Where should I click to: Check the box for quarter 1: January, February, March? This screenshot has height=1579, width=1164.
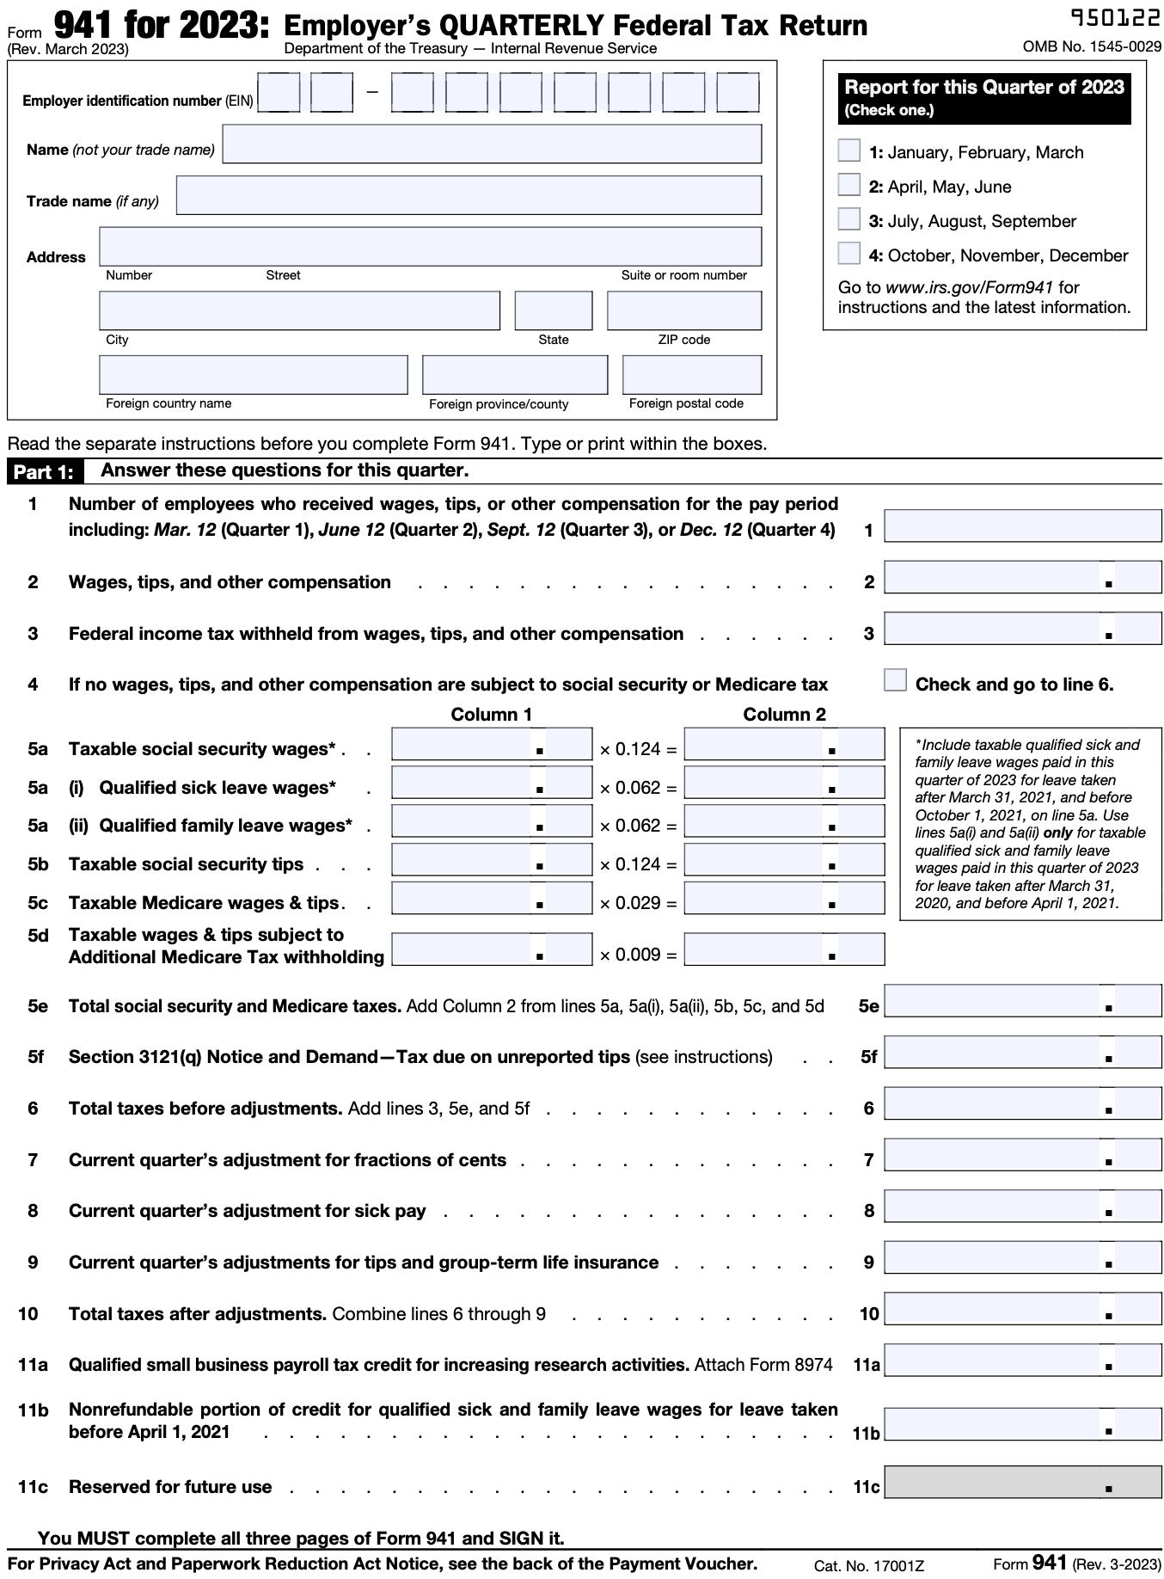coord(848,151)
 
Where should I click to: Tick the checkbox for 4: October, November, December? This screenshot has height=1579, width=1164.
coord(848,254)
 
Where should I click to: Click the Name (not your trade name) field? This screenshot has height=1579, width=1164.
coord(492,144)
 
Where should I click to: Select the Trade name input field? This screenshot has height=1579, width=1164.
coord(469,195)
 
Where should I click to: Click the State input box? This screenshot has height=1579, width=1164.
coord(553,310)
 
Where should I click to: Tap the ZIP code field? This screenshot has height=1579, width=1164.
coord(683,310)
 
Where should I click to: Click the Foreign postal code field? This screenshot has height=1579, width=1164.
coord(691,375)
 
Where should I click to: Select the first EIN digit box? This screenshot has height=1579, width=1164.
coord(279,93)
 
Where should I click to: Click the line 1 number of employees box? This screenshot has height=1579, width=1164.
coord(1022,525)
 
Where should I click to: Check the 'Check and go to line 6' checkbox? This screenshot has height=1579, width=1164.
coord(895,680)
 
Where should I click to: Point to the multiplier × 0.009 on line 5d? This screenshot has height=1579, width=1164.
coord(638,955)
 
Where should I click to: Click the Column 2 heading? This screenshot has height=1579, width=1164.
coord(784,715)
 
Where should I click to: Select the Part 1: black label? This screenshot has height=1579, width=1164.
coord(43,472)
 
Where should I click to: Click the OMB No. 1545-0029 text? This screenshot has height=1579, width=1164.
coord(1092,46)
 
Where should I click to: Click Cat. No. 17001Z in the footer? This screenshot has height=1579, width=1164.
coord(868,1566)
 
